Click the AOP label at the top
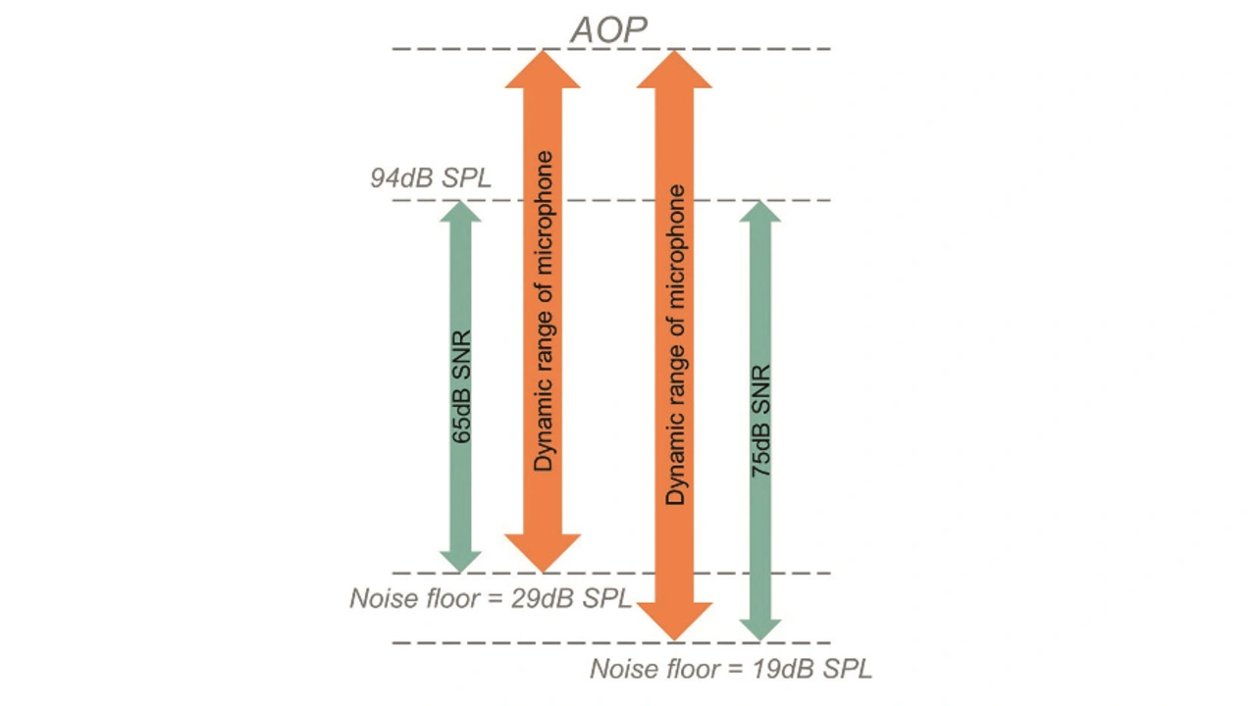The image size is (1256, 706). click(608, 29)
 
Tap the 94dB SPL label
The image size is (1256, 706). click(431, 178)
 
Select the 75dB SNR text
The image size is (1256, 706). click(760, 422)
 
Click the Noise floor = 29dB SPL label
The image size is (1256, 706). click(491, 598)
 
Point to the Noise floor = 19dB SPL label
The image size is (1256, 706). click(730, 669)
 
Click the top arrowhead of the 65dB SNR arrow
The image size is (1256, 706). click(460, 212)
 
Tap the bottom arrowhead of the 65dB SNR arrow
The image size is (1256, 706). click(460, 560)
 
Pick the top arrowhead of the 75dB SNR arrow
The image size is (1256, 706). click(760, 212)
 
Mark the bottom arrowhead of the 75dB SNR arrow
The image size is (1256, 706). click(760, 629)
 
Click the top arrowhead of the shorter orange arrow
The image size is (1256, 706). click(543, 70)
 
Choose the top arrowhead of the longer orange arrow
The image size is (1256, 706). click(674, 70)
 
